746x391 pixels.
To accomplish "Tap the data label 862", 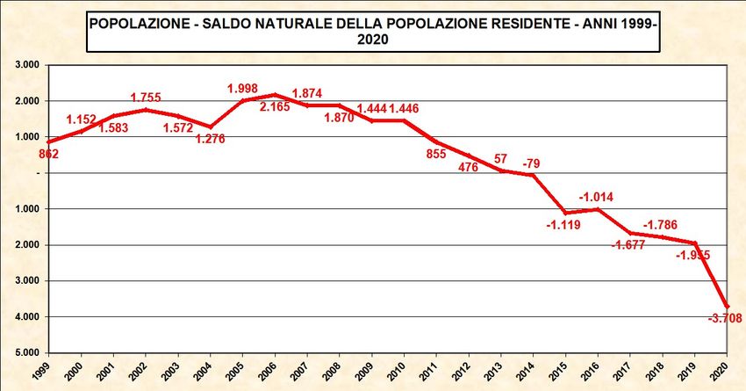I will click(48, 155).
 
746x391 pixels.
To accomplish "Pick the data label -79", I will click(531, 163).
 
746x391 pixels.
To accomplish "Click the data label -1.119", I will click(564, 226).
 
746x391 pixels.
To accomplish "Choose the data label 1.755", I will click(148, 98).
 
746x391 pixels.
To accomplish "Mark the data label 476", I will click(467, 167).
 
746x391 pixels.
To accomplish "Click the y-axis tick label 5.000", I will click(26, 352).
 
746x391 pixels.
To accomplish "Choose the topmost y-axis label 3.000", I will click(26, 65).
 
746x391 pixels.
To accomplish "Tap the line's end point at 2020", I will click(728, 306).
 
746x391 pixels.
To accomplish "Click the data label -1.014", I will click(597, 197).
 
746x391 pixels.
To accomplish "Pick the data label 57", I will click(499, 158).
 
